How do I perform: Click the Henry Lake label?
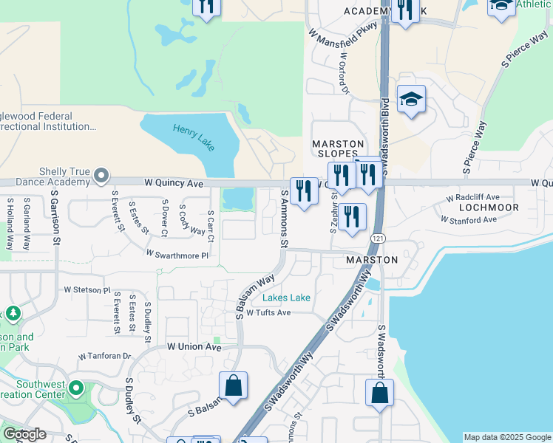click(194, 137)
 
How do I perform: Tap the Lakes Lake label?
click(286, 298)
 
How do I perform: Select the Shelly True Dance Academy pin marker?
click(102, 176)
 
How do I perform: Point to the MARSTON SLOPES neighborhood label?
click(338, 148)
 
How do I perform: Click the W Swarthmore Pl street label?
click(177, 254)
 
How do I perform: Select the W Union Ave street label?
click(194, 346)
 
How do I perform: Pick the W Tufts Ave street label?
click(268, 312)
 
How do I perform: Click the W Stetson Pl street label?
click(86, 290)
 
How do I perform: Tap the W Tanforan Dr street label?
click(104, 355)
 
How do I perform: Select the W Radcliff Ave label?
click(473, 198)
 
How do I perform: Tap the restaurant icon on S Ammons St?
click(304, 191)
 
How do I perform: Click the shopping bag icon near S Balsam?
click(233, 385)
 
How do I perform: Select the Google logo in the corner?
click(24, 434)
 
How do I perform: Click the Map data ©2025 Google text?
click(507, 437)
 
